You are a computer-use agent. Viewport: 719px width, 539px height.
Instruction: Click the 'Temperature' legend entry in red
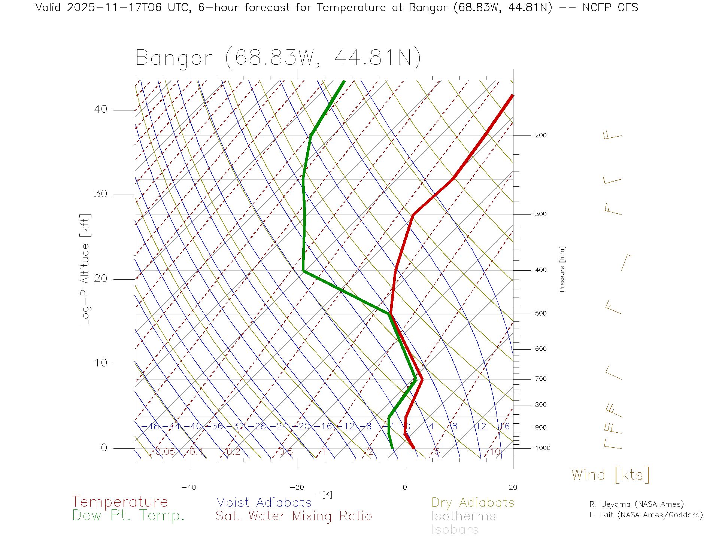tap(120, 502)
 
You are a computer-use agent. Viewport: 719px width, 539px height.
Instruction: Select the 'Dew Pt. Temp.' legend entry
tap(128, 516)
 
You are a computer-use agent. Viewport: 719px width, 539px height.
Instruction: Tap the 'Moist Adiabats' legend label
tap(264, 502)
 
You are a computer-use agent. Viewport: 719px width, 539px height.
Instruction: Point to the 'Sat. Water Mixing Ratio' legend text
tap(294, 516)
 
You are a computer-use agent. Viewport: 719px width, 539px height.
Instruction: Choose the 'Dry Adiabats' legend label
tap(473, 502)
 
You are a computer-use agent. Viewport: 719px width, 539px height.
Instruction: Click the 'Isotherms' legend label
tap(463, 516)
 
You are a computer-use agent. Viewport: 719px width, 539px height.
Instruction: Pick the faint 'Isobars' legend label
tap(455, 530)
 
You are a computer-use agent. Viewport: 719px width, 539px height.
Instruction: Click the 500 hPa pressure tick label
tap(540, 313)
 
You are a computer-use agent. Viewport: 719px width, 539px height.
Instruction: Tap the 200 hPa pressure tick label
tap(540, 135)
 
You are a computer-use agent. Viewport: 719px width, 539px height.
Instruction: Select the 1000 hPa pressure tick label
tap(542, 448)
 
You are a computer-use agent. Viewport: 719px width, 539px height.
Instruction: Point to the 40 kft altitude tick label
tap(100, 109)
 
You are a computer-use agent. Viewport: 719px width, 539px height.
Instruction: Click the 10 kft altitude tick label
tap(100, 363)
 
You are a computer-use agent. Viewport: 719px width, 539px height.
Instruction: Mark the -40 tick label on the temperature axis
tap(189, 487)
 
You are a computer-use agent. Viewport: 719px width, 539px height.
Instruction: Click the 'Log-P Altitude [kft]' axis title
tap(85, 269)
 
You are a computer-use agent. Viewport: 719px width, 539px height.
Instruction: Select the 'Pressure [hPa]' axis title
tap(562, 269)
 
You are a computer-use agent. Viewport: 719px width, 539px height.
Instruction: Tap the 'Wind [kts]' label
tap(610, 475)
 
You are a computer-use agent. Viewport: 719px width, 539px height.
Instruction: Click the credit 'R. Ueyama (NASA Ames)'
tap(636, 504)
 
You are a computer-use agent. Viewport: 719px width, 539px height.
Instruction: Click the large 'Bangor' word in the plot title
tap(174, 58)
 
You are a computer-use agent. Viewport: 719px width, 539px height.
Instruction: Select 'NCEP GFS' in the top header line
tap(610, 7)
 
